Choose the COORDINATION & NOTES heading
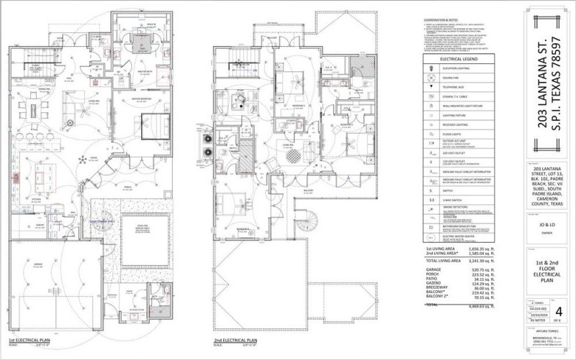(440, 19)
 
